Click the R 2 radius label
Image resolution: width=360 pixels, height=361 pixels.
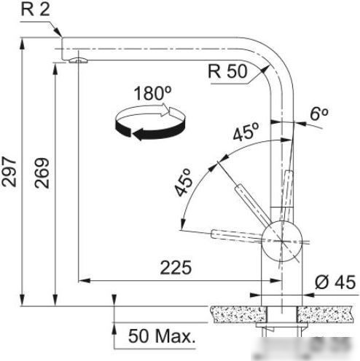click(36, 9)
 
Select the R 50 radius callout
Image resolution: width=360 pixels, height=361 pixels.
click(227, 71)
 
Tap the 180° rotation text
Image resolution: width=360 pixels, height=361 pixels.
click(152, 93)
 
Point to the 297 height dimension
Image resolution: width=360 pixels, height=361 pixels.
click(9, 172)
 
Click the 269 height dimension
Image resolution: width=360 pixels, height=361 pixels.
click(42, 173)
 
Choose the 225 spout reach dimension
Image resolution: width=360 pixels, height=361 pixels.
click(176, 268)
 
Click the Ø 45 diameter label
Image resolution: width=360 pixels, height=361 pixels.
click(335, 282)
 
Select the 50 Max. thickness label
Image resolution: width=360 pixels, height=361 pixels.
click(162, 336)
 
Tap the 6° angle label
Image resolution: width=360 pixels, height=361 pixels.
click(319, 114)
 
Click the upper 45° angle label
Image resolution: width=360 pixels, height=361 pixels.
click(246, 132)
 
